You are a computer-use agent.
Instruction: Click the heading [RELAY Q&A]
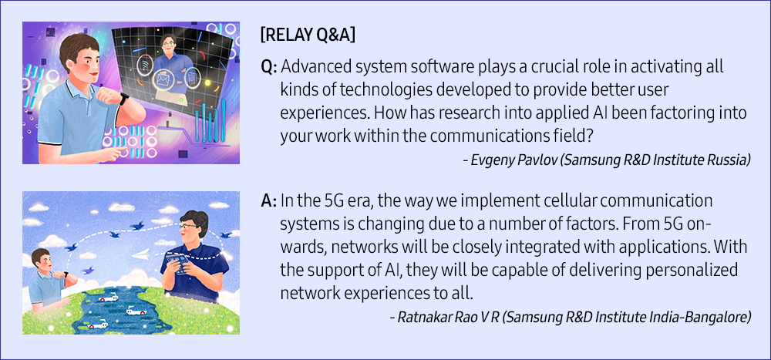pos(308,36)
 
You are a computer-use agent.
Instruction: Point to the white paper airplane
pos(142,254)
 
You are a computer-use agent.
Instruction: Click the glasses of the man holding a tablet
pos(190,227)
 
